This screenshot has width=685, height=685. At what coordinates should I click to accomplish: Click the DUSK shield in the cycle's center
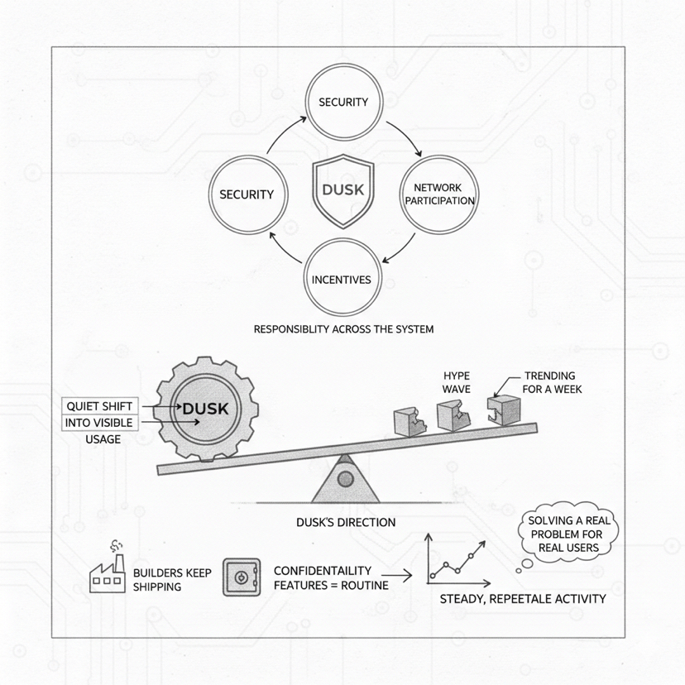point(342,191)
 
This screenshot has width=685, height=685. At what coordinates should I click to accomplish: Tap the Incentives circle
point(341,280)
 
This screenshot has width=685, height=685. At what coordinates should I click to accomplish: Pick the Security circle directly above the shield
point(342,103)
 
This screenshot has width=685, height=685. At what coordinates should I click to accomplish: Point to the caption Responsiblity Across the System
point(343,329)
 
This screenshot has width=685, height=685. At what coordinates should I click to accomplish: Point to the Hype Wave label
point(456,382)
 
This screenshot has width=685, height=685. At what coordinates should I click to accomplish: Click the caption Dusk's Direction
point(346,522)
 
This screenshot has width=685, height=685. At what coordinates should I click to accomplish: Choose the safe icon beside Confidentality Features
point(242,577)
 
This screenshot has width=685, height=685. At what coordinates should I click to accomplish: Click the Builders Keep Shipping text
point(172,580)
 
